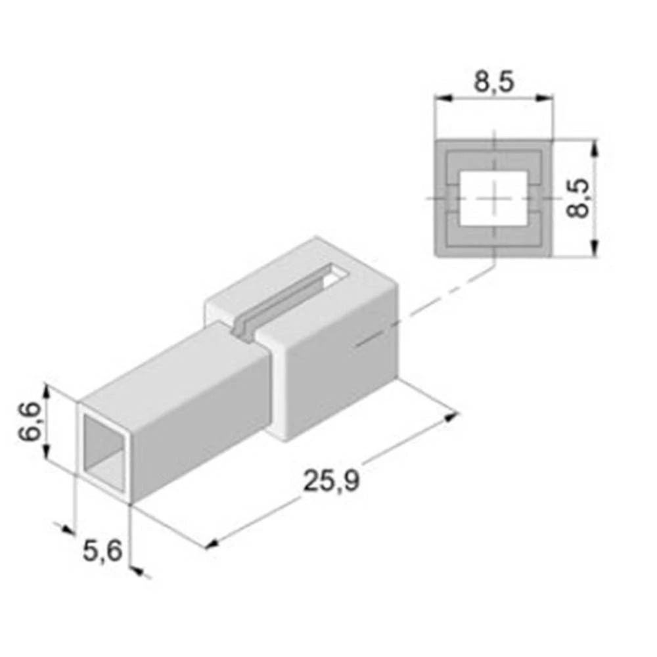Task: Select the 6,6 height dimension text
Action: pos(31,423)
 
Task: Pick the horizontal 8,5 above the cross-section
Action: pos(493,83)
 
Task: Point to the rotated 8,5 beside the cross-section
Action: pos(578,197)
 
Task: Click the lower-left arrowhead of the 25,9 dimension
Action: pos(212,543)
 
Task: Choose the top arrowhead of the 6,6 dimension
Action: pos(47,392)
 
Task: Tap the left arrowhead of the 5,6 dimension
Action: pos(67,529)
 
